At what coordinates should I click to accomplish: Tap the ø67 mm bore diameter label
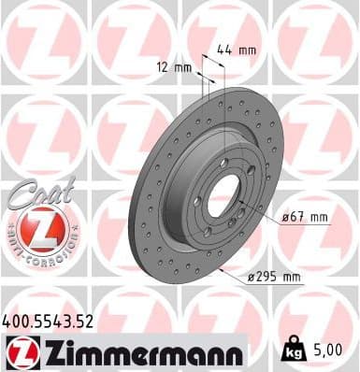(306, 217)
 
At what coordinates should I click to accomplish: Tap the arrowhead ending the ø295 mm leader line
(218, 267)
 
